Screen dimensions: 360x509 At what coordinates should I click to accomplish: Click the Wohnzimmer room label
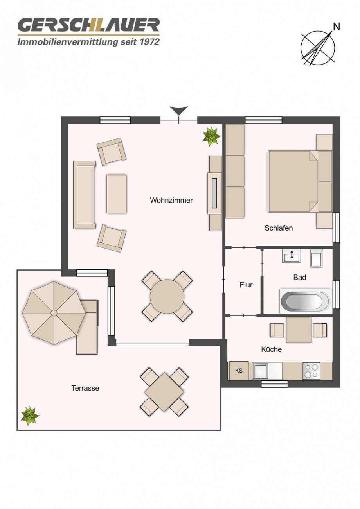click(171, 200)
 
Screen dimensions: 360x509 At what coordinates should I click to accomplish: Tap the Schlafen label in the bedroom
click(278, 228)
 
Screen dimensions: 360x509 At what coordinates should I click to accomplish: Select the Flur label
click(246, 285)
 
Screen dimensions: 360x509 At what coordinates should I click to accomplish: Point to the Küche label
click(271, 349)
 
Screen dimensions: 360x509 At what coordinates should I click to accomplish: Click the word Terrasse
click(85, 388)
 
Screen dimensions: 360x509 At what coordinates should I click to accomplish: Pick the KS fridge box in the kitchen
click(239, 371)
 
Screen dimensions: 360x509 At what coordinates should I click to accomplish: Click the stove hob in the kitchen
click(311, 371)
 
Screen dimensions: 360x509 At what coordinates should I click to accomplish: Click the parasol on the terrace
click(54, 313)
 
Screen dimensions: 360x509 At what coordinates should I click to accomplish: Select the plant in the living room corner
click(211, 136)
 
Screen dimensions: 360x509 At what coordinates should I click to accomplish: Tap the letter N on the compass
click(336, 27)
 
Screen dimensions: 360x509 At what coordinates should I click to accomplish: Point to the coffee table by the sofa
click(117, 194)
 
